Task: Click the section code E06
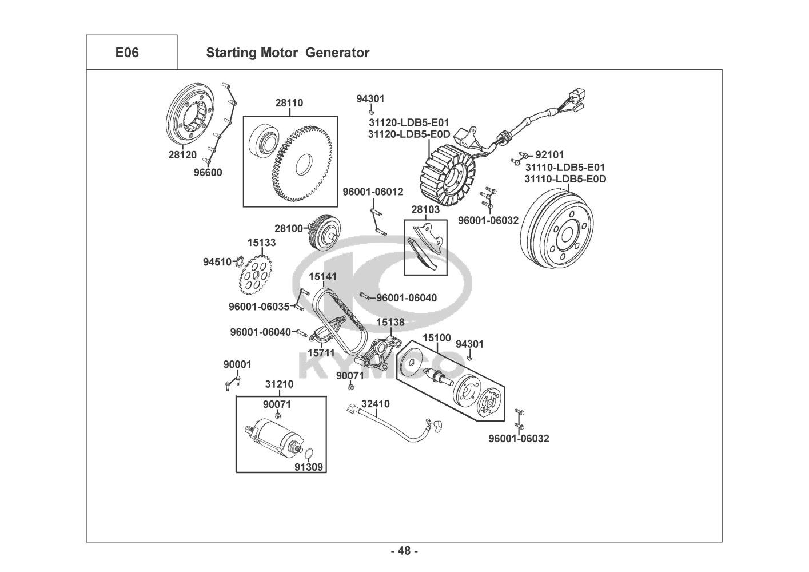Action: (127, 53)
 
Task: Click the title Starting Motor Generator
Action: (287, 53)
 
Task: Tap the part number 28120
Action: (182, 154)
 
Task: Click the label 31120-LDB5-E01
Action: (409, 122)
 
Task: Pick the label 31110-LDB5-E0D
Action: (565, 179)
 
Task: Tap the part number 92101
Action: (549, 154)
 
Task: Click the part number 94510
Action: (217, 262)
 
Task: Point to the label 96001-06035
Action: (259, 307)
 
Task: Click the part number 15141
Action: (323, 277)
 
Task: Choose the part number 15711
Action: (321, 353)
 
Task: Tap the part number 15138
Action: (390, 323)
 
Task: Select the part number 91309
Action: (309, 467)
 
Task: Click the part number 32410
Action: (376, 404)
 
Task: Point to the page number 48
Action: (404, 551)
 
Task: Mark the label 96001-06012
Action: (373, 192)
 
